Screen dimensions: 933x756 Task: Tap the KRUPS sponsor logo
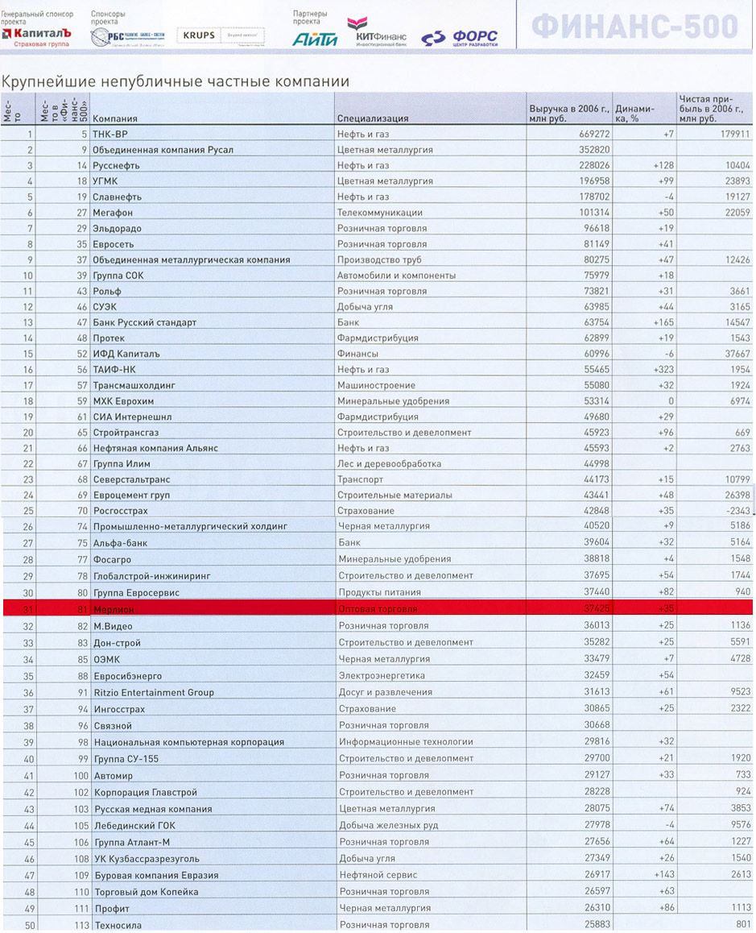(x=198, y=36)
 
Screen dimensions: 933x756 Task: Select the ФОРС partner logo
(x=461, y=37)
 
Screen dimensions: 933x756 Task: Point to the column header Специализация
(x=373, y=118)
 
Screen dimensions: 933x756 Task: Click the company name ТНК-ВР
(x=110, y=135)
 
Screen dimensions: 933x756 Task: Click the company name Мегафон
(x=113, y=213)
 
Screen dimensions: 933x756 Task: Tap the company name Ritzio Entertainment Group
(x=154, y=692)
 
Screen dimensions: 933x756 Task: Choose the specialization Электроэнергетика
(x=382, y=675)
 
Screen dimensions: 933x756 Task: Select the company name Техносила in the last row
(x=118, y=925)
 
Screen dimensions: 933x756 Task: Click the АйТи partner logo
(x=315, y=38)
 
